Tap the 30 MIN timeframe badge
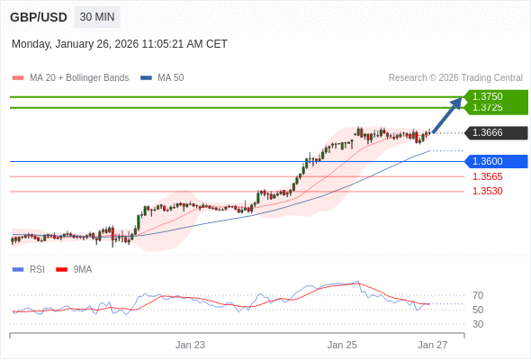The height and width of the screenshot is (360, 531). click(x=96, y=17)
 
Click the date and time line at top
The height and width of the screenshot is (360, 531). click(x=120, y=44)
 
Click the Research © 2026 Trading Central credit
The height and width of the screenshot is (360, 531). click(x=455, y=78)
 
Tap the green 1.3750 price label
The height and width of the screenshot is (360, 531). click(x=488, y=95)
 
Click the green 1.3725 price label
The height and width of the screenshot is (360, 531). click(x=488, y=108)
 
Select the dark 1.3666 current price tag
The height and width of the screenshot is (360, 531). click(x=488, y=133)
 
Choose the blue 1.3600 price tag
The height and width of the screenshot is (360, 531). click(x=488, y=162)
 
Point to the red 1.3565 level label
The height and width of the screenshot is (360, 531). click(x=488, y=176)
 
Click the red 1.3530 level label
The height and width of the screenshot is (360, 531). click(x=488, y=191)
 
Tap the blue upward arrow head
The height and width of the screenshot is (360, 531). click(x=456, y=103)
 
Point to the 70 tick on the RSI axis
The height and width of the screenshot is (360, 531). click(x=478, y=295)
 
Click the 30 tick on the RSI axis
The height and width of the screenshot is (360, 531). click(x=478, y=324)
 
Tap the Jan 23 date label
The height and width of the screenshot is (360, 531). click(x=190, y=345)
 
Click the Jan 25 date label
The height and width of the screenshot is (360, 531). click(x=342, y=345)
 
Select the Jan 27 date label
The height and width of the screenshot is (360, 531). click(x=433, y=345)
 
